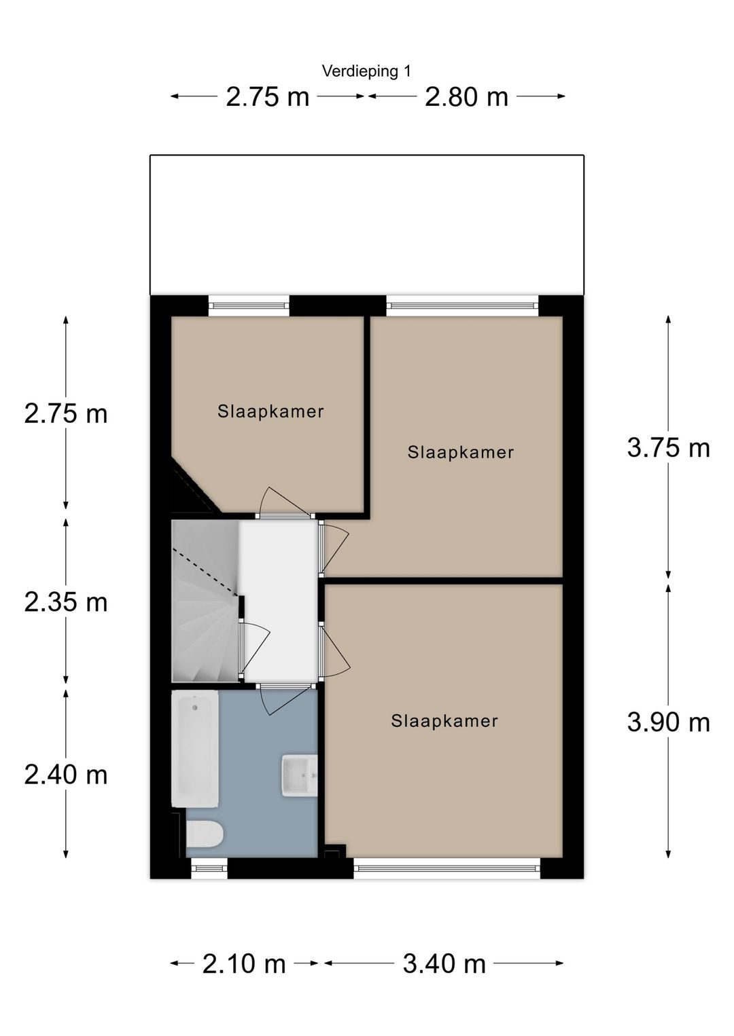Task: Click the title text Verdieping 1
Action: (x=366, y=71)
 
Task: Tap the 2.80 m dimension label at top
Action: (x=466, y=97)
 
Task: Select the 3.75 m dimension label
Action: (x=668, y=448)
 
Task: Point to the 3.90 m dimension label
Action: (x=668, y=722)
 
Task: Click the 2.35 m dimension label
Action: (x=66, y=602)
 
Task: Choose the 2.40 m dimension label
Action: (x=66, y=775)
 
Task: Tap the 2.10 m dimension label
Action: (x=244, y=963)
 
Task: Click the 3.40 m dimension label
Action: (x=444, y=963)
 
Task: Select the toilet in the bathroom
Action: (x=204, y=834)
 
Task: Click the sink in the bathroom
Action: (x=299, y=775)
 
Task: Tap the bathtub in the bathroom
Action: (x=195, y=749)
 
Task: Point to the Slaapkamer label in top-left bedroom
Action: (x=270, y=411)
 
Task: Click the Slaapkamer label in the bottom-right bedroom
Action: (x=444, y=721)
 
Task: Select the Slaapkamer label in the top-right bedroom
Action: (x=460, y=453)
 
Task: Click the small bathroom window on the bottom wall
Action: (x=209, y=867)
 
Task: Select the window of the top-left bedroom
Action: (x=249, y=306)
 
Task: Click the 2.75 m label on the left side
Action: (x=66, y=413)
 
